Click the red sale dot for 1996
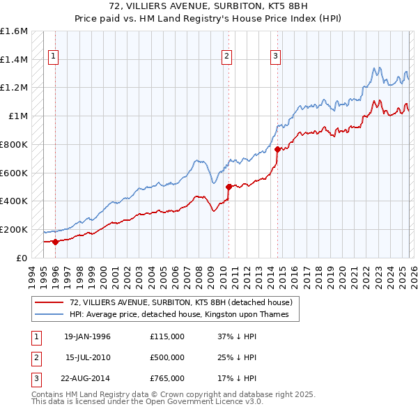pyautogui.click(x=55, y=242)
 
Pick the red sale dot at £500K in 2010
pyautogui.click(x=228, y=187)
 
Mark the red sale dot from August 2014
pyautogui.click(x=277, y=149)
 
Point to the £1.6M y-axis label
pyautogui.click(x=15, y=31)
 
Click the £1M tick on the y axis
pyautogui.click(x=18, y=116)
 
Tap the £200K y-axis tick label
pyautogui.click(x=15, y=229)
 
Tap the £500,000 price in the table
pyautogui.click(x=167, y=357)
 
